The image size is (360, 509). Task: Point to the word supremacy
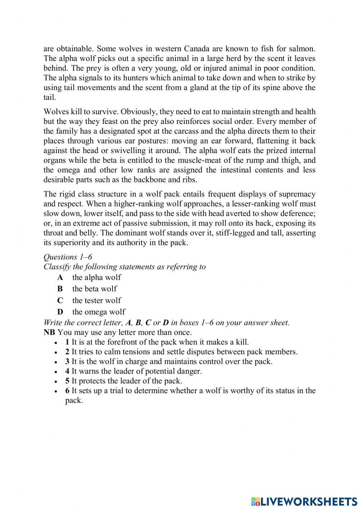297,194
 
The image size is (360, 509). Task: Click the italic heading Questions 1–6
68,257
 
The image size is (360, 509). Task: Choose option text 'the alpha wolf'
96,277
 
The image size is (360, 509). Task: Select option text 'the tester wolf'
96,300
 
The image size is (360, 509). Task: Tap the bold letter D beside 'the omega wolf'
60,312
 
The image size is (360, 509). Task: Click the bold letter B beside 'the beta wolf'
60,289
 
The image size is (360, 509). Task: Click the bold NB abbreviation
49,332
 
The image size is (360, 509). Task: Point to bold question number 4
67,371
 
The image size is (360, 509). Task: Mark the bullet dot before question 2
56,353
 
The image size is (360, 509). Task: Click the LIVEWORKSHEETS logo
304,501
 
